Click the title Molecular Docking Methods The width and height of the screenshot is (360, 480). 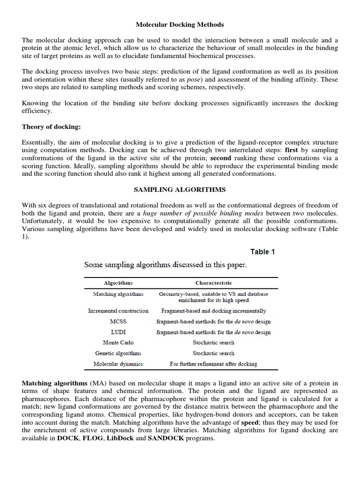[180, 24]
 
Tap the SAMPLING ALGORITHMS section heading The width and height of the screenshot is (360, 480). [180, 189]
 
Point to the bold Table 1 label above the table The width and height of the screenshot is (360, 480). [262, 252]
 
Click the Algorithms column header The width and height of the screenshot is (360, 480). [118, 283]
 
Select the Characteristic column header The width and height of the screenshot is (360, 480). [213, 283]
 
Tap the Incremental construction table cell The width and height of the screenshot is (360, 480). [118, 311]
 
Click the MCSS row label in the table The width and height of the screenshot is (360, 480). [118, 322]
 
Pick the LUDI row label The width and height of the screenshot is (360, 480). [118, 332]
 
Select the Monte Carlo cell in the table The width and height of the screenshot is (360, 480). [118, 343]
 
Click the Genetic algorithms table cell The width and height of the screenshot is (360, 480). [118, 353]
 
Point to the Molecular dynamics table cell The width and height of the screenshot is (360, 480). [118, 364]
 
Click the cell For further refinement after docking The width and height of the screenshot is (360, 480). [213, 364]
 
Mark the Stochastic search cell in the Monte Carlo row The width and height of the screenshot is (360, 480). [213, 343]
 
